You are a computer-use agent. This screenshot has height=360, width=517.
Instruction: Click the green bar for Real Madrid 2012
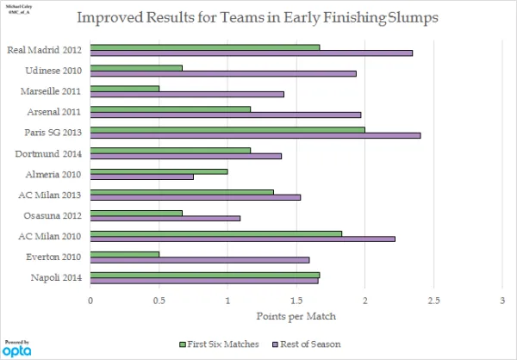(x=205, y=47)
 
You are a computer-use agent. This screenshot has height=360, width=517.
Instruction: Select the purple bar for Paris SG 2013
(x=255, y=136)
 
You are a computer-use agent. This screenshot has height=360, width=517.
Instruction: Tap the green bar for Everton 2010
(x=125, y=254)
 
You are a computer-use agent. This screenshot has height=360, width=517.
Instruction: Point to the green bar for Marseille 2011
(x=125, y=88)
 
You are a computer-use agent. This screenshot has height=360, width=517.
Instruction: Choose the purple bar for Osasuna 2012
(x=165, y=219)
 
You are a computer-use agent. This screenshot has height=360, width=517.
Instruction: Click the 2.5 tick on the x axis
(x=433, y=301)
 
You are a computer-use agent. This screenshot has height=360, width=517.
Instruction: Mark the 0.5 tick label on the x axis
(x=159, y=301)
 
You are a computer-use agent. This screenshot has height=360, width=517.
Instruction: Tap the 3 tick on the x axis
(x=502, y=301)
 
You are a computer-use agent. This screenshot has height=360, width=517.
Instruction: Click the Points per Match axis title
(x=296, y=317)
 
